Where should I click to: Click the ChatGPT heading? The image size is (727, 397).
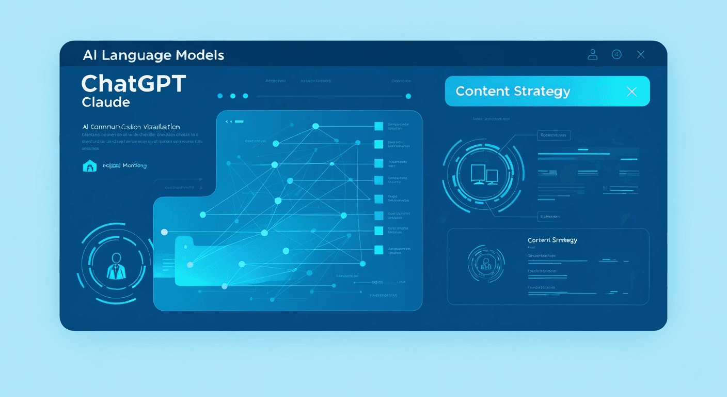[x=133, y=84]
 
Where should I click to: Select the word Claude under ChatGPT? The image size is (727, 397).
[x=106, y=102]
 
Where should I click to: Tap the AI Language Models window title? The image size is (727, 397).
[x=153, y=55]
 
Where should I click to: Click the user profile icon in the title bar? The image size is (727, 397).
[x=593, y=54]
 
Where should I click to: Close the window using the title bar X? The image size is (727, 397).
[x=641, y=54]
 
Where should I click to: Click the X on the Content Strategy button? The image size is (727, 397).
[x=631, y=91]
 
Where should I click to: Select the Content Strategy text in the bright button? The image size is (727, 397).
[x=513, y=91]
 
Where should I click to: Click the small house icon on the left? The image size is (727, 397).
[x=89, y=166]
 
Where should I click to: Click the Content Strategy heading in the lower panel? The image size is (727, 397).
[x=552, y=240]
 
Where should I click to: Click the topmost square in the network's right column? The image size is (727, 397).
[x=378, y=126]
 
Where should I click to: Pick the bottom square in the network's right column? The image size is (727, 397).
[x=378, y=250]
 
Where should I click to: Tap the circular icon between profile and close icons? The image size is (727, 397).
[x=617, y=54]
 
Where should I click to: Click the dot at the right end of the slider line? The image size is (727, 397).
[x=408, y=96]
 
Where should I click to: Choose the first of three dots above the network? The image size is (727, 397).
[x=220, y=96]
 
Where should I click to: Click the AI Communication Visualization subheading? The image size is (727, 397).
[x=131, y=127]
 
